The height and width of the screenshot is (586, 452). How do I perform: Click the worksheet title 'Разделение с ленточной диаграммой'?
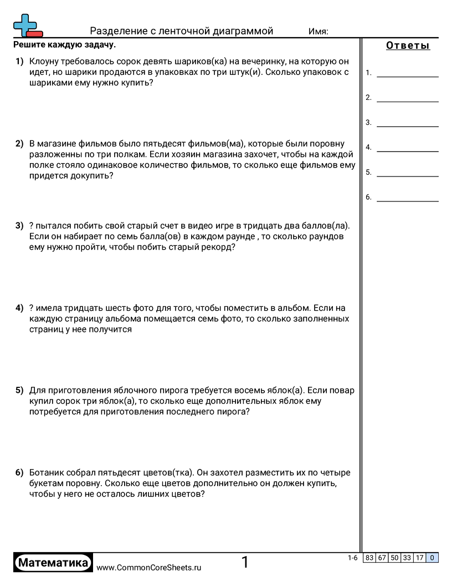(182, 31)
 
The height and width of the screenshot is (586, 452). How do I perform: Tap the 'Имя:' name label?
(318, 32)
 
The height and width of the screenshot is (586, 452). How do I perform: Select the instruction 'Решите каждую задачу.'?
(64, 44)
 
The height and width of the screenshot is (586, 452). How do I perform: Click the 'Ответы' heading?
(408, 46)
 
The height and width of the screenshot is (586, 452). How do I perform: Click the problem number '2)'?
(19, 143)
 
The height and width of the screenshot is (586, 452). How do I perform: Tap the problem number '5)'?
(19, 390)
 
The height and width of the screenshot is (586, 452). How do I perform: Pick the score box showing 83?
(369, 558)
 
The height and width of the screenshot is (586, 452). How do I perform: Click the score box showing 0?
(432, 558)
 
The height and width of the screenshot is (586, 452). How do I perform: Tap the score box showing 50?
(394, 558)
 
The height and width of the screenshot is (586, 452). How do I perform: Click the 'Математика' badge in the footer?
(53, 563)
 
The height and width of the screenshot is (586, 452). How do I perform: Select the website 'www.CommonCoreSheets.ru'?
(149, 568)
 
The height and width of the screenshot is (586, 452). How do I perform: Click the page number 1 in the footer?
(245, 563)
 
